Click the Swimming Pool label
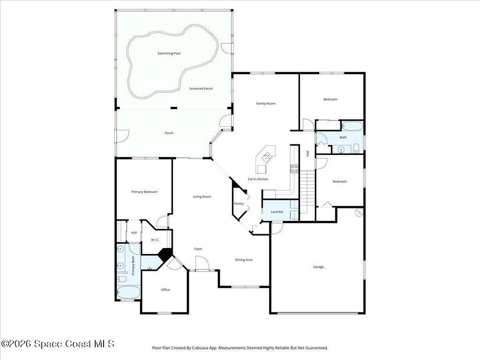point(169,53)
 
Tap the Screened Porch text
point(201,89)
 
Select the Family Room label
point(266,104)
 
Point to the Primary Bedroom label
point(144,192)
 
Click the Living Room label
point(202,197)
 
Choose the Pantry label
point(239,203)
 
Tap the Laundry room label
point(277,212)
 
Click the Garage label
point(318,267)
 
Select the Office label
point(165,290)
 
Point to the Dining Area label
point(244,260)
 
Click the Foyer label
point(198,249)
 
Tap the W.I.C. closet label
point(155,240)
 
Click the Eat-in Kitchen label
point(258,179)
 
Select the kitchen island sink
point(266,157)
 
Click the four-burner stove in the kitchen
point(294,169)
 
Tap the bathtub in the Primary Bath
point(128,292)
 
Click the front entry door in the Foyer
point(202,263)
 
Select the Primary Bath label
point(133,266)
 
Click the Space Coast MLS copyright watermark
point(58,344)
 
